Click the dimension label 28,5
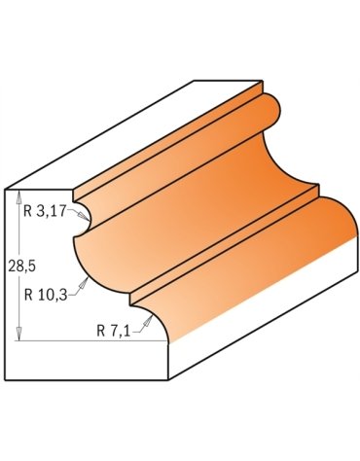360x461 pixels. tap(21, 266)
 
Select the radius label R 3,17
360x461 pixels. tap(44, 212)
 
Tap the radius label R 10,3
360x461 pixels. tap(46, 295)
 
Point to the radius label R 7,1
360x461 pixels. tap(113, 332)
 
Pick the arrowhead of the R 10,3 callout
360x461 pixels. tap(84, 283)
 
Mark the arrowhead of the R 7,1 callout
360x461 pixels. tap(149, 320)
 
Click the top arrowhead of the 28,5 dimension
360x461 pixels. tap(18, 197)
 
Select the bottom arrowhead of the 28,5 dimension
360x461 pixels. tap(18, 334)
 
